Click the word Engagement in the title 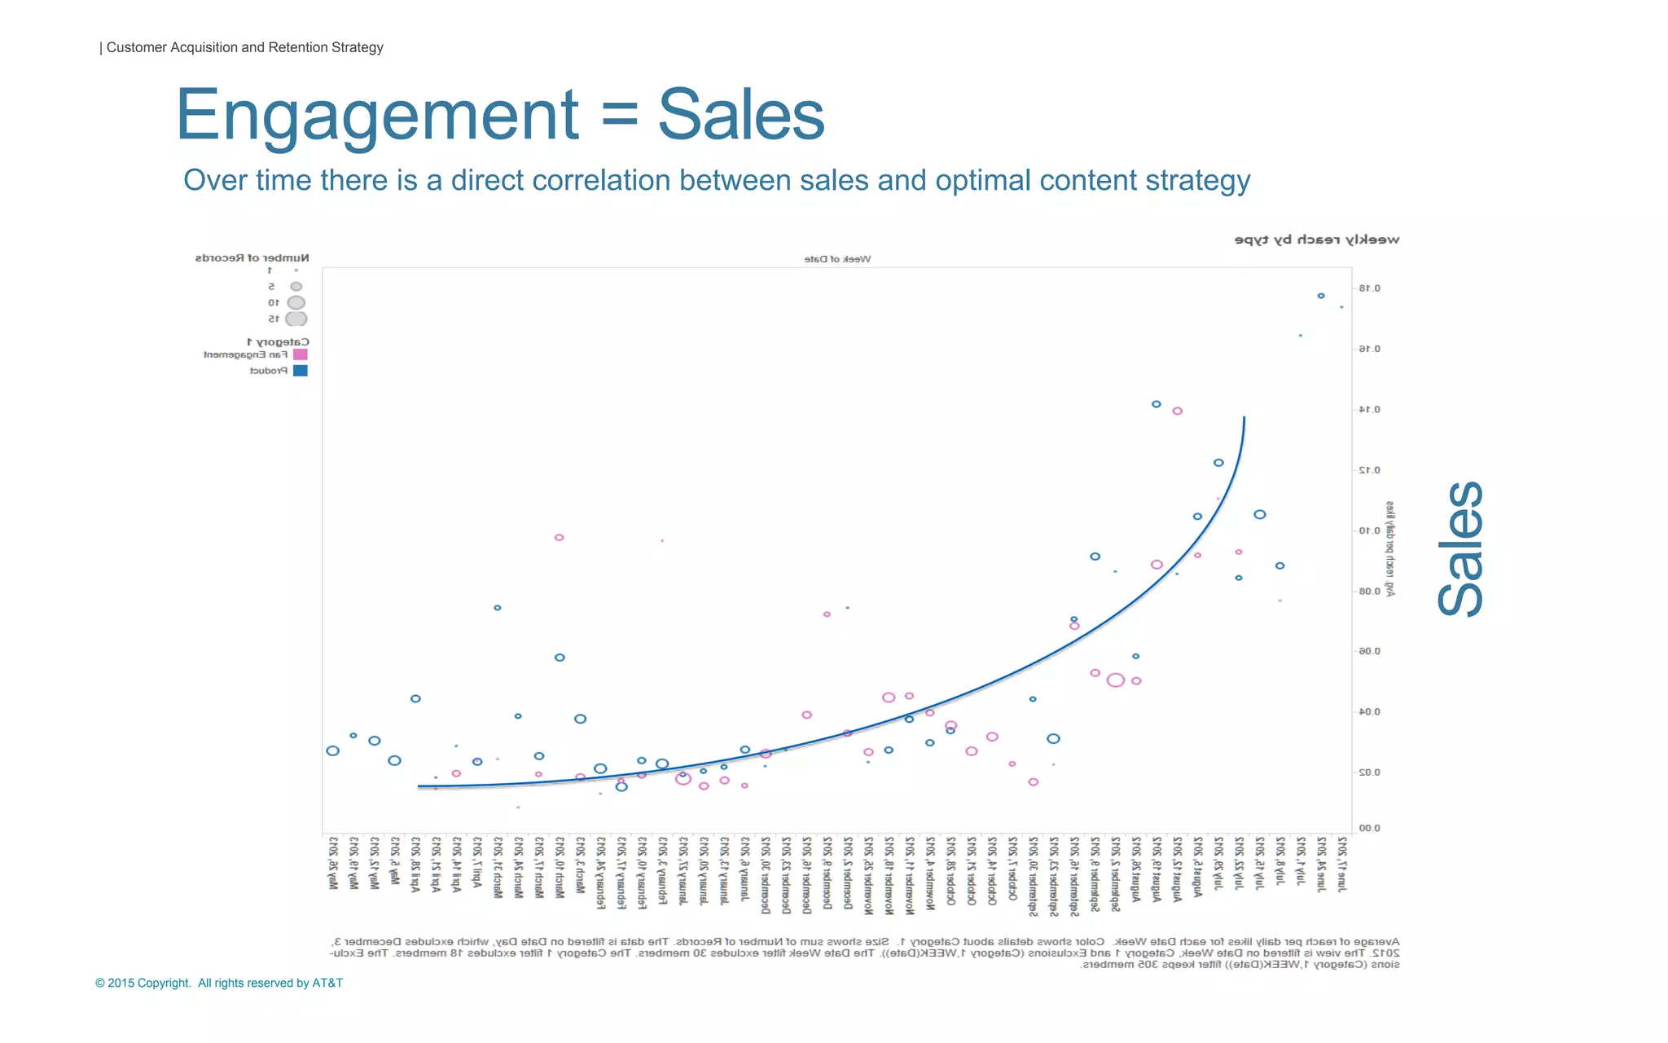pyautogui.click(x=376, y=116)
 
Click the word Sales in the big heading pyautogui.click(x=741, y=116)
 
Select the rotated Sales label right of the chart pyautogui.click(x=1459, y=548)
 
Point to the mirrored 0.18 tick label pyautogui.click(x=1370, y=288)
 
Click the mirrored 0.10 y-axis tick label pyautogui.click(x=1370, y=530)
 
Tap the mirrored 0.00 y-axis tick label pyautogui.click(x=1370, y=829)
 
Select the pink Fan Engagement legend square pyautogui.click(x=301, y=354)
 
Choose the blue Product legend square pyautogui.click(x=301, y=371)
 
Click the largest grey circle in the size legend pyautogui.click(x=296, y=319)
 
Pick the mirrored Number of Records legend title pyautogui.click(x=252, y=257)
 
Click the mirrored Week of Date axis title pyautogui.click(x=837, y=259)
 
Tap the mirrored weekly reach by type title pyautogui.click(x=1317, y=240)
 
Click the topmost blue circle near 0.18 pyautogui.click(x=1321, y=296)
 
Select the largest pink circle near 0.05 pyautogui.click(x=1116, y=680)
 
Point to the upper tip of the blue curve pyautogui.click(x=1244, y=418)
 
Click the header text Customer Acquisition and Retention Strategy pyautogui.click(x=244, y=47)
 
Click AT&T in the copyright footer pyautogui.click(x=327, y=983)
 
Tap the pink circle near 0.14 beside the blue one pyautogui.click(x=1177, y=411)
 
